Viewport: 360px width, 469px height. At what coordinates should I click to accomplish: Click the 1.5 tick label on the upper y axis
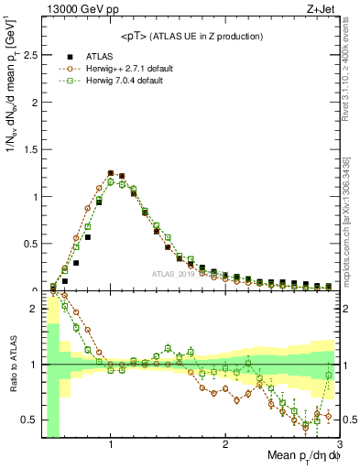tap(30, 149)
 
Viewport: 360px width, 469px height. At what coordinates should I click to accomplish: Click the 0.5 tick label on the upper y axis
tap(30, 244)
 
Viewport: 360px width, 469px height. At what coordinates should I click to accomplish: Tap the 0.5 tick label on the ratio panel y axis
tap(30, 420)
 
